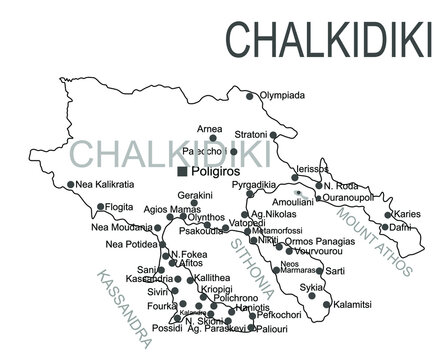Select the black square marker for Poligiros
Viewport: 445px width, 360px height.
point(182,171)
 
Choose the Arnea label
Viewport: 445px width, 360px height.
point(210,128)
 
